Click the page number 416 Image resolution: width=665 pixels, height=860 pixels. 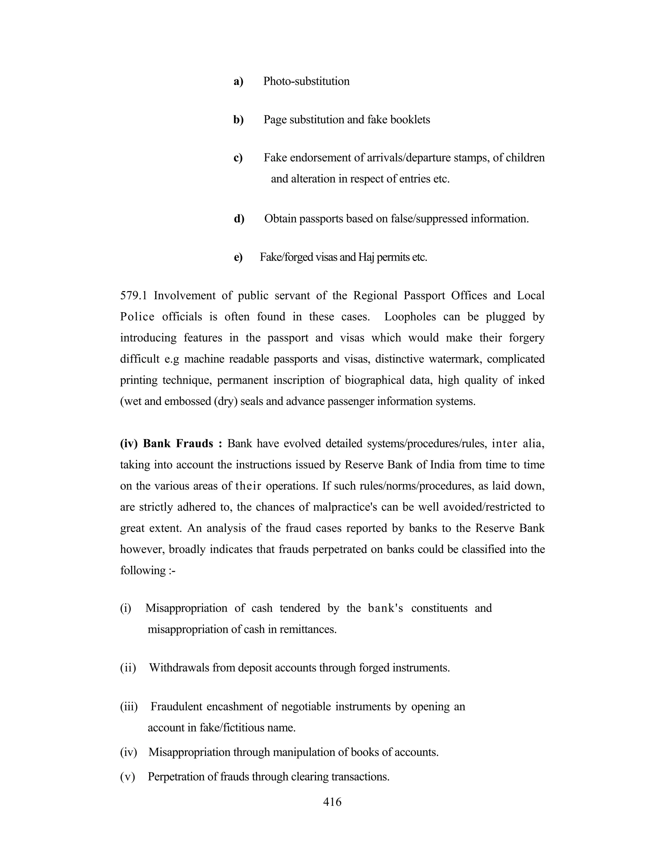332,802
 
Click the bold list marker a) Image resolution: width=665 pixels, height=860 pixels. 238,81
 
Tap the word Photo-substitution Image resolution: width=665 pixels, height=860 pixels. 306,81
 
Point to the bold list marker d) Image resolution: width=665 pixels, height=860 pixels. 239,218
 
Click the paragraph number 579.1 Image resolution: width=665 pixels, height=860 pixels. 133,295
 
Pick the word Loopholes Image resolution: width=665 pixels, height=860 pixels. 410,317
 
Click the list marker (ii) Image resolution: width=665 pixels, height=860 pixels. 128,668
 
